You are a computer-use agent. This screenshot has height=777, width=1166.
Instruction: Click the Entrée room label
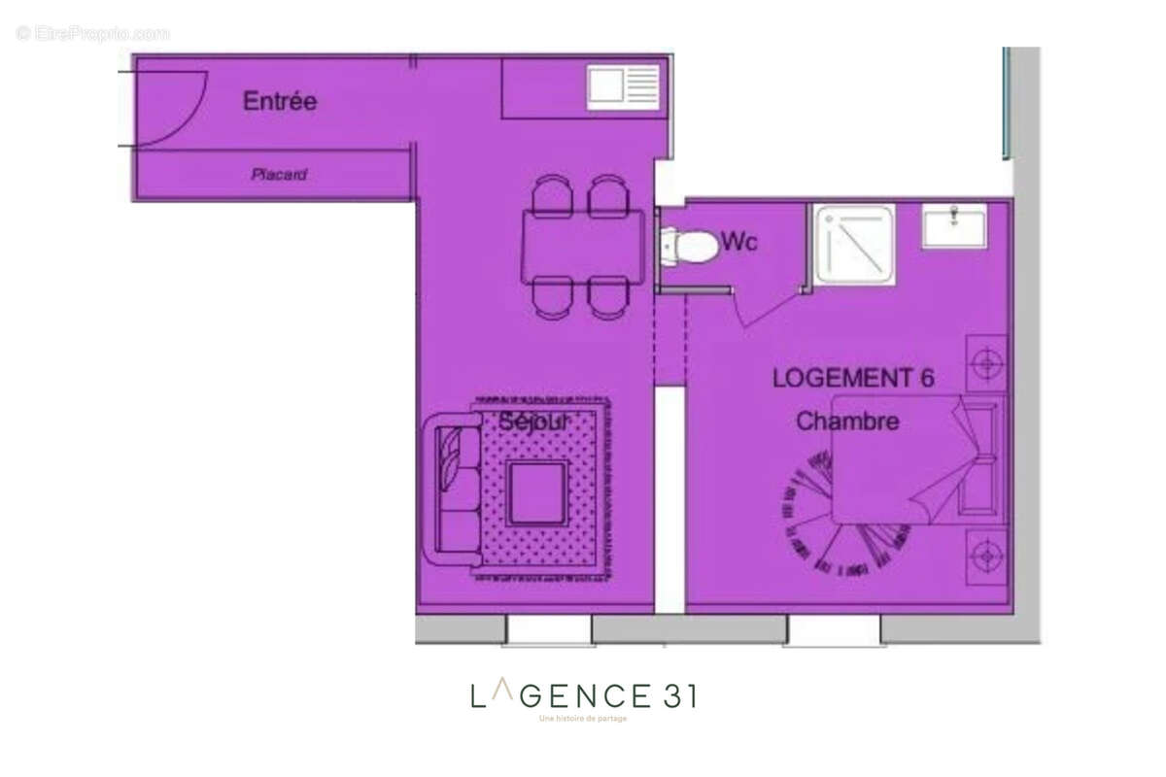(x=280, y=101)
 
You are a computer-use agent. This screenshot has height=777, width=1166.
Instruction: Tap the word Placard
(x=279, y=176)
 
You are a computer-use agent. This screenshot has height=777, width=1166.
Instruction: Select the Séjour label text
(x=532, y=422)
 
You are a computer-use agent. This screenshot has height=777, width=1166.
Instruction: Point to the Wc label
(x=738, y=243)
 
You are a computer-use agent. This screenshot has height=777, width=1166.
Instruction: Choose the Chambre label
(x=847, y=422)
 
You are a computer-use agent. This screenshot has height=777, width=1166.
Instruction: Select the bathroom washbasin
(x=953, y=226)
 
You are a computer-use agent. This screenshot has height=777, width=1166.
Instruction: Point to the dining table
(x=582, y=247)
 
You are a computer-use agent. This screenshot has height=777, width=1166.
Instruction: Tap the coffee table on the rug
(x=537, y=492)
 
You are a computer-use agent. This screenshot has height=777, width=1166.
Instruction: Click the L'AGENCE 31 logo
(x=583, y=696)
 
